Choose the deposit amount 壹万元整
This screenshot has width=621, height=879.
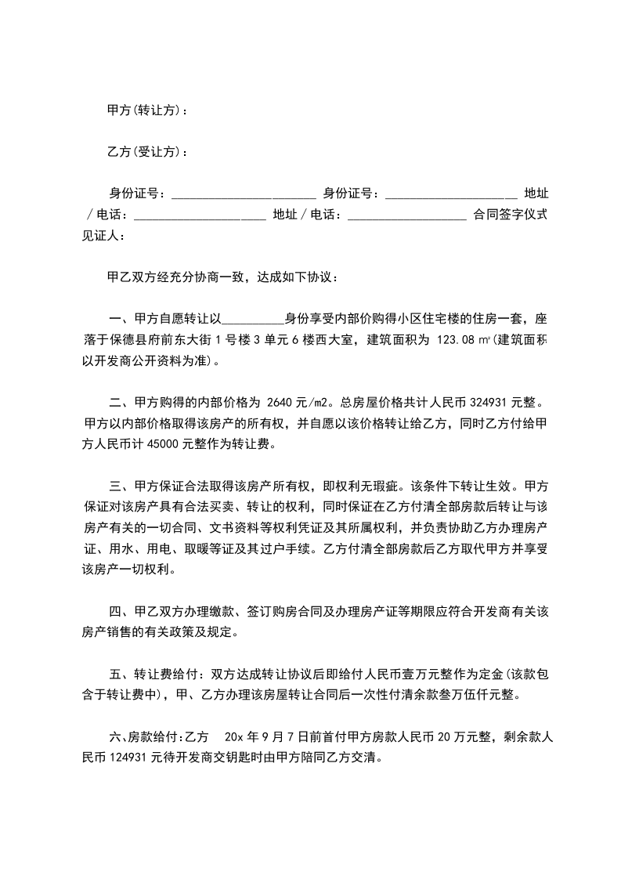[x=419, y=674]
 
